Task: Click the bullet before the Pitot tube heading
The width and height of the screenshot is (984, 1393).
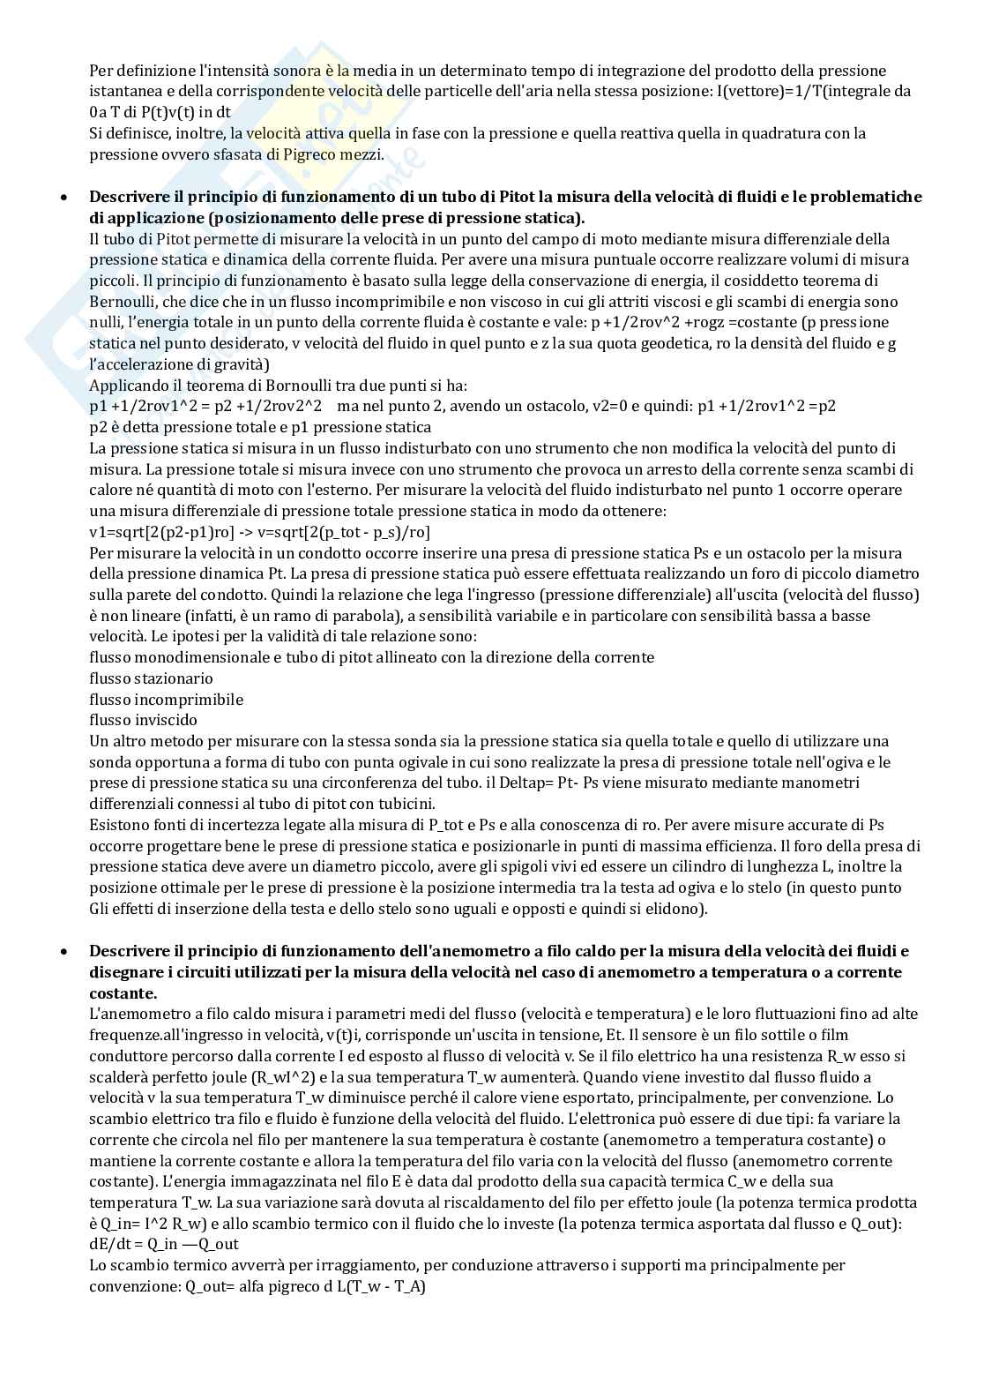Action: point(63,197)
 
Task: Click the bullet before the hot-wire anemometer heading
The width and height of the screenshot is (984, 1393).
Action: point(63,951)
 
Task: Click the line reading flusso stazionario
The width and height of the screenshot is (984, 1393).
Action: point(151,678)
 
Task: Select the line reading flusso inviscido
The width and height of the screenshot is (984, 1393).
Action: point(143,720)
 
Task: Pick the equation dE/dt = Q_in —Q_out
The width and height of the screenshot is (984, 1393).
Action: point(164,1244)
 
